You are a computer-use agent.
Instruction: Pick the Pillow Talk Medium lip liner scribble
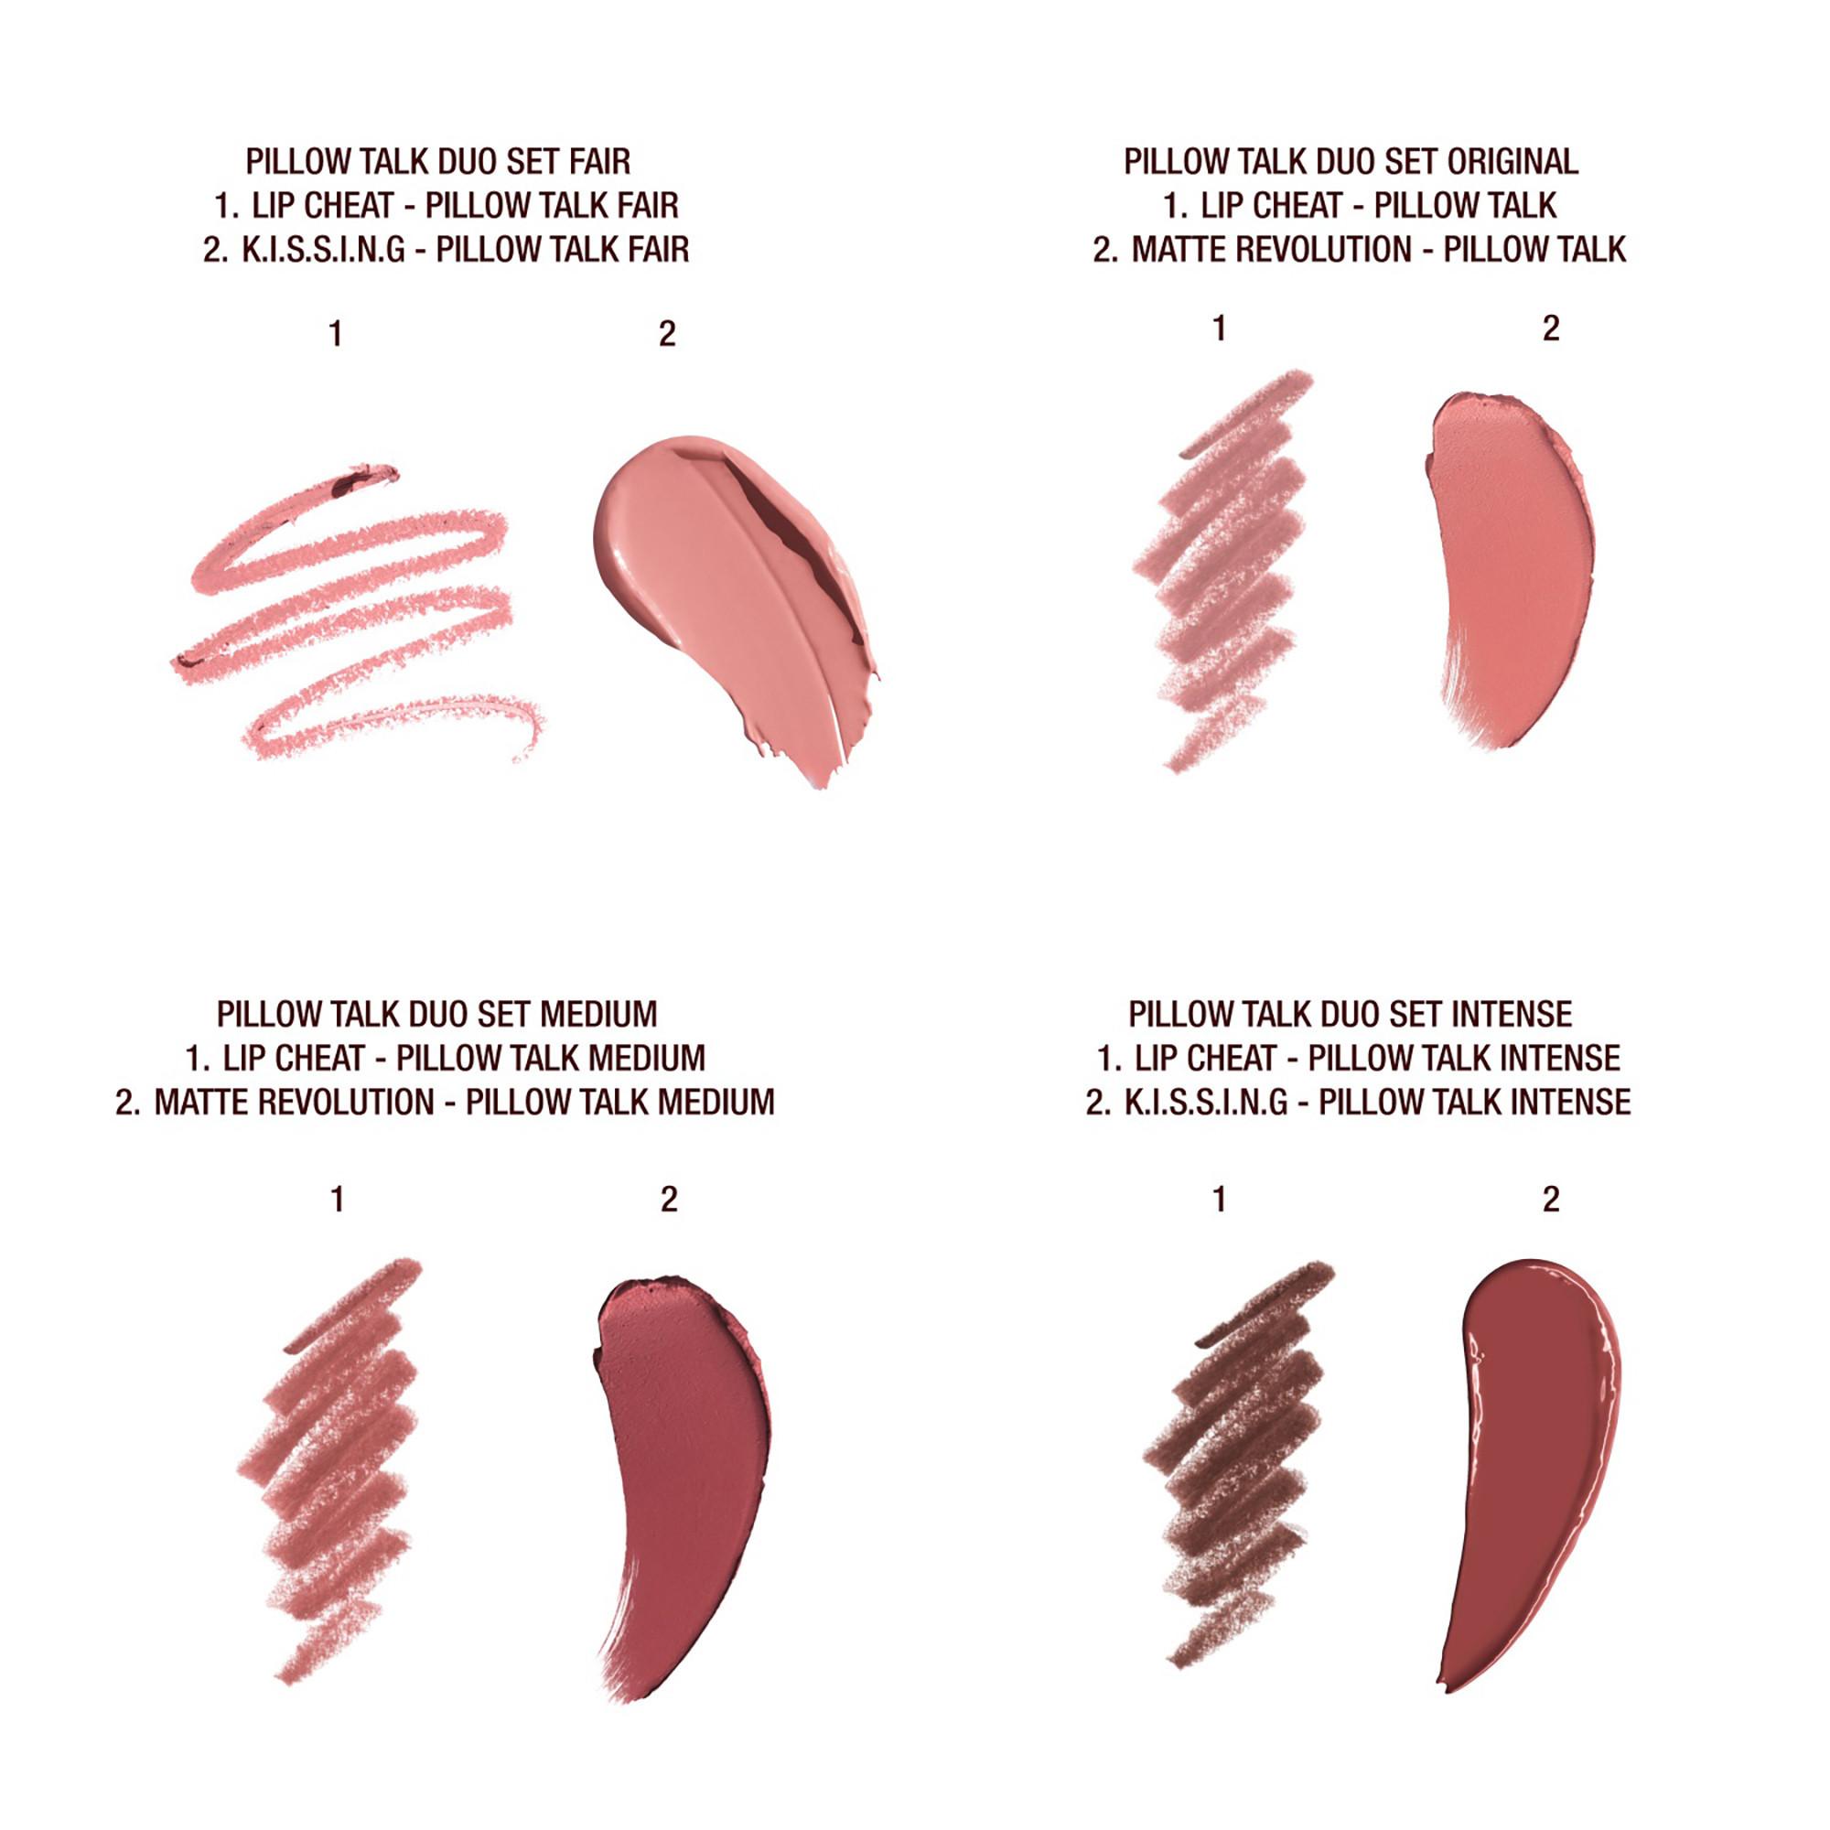tap(336, 1478)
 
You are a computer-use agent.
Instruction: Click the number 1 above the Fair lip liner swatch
tap(334, 333)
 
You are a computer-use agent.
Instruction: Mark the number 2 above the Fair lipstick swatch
tap(667, 333)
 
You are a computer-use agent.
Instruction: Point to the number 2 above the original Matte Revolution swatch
tap(1551, 328)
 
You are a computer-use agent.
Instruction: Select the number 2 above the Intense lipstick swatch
tap(1551, 1200)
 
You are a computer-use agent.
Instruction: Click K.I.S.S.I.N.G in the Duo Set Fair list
tap(324, 250)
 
